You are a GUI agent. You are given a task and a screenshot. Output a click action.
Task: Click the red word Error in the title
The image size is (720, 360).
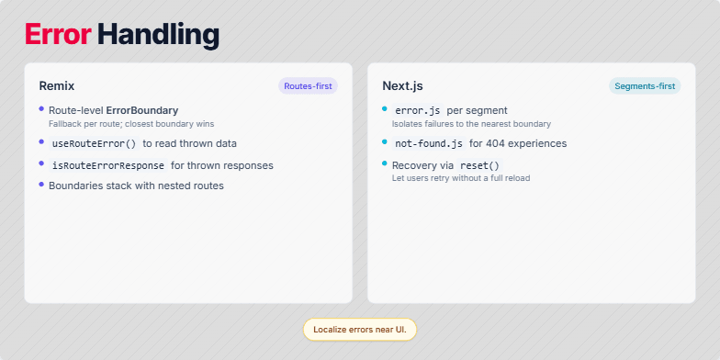click(x=58, y=35)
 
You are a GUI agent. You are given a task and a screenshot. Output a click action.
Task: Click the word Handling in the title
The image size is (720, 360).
click(x=158, y=35)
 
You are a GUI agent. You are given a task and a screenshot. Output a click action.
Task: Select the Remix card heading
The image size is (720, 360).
click(x=57, y=86)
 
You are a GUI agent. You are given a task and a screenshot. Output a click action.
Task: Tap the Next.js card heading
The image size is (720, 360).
click(x=402, y=86)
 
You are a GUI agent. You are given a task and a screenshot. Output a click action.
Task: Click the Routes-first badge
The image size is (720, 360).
click(x=308, y=86)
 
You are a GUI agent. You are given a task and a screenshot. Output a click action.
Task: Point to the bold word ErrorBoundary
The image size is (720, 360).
click(x=142, y=110)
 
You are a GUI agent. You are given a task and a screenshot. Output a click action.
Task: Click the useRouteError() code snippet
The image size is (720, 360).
click(x=94, y=143)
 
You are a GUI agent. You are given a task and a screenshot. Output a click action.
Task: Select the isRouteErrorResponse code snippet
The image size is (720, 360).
click(x=107, y=165)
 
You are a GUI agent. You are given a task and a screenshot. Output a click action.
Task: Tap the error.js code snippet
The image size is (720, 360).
click(x=417, y=110)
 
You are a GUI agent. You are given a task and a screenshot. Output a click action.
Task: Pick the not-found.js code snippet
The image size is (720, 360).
click(x=428, y=143)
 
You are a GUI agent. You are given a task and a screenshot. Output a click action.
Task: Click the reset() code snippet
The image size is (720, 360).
click(x=481, y=165)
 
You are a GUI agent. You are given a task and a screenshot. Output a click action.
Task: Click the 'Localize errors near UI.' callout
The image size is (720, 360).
click(x=359, y=329)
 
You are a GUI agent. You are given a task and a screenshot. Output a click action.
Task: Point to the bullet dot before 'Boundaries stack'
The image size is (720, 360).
click(x=41, y=185)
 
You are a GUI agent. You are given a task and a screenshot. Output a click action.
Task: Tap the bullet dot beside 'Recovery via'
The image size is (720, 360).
click(x=385, y=163)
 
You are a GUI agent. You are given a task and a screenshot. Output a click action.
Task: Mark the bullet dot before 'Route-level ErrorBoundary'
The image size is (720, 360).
click(x=41, y=108)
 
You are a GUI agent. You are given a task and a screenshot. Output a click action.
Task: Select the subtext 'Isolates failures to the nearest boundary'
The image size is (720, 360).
click(x=471, y=123)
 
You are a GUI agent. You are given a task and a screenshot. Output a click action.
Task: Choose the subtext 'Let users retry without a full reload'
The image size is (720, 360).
click(x=461, y=178)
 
